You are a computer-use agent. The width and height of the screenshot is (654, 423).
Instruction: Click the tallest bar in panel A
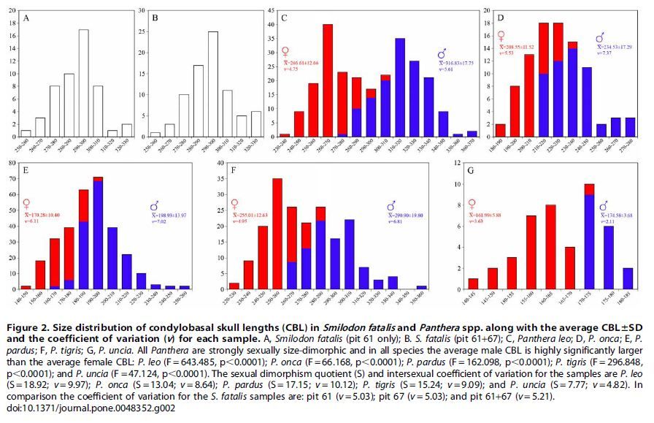click(x=84, y=83)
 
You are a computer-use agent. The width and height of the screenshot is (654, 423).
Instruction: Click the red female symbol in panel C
click(x=286, y=53)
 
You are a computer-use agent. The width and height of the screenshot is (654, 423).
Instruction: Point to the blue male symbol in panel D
click(x=600, y=37)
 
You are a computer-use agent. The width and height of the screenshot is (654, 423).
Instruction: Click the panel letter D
click(x=500, y=17)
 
